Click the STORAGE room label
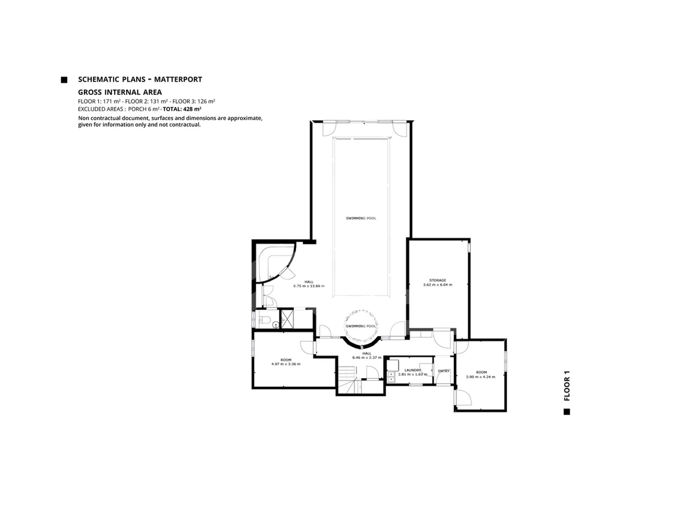tap(437, 280)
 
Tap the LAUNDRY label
tap(413, 370)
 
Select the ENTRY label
tap(444, 371)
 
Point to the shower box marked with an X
tap(287, 319)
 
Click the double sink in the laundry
tap(392, 377)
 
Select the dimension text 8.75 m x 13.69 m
tap(309, 286)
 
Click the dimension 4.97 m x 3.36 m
tap(286, 364)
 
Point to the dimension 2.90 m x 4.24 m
tap(481, 377)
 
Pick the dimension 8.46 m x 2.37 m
tap(367, 358)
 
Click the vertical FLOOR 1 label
tap(567, 385)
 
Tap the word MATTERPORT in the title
tap(178, 80)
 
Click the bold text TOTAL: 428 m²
tap(182, 109)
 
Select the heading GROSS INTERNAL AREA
tap(120, 92)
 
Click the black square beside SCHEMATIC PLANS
tap(64, 80)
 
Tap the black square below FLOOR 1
tap(567, 412)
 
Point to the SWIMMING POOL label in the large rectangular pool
tap(361, 218)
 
